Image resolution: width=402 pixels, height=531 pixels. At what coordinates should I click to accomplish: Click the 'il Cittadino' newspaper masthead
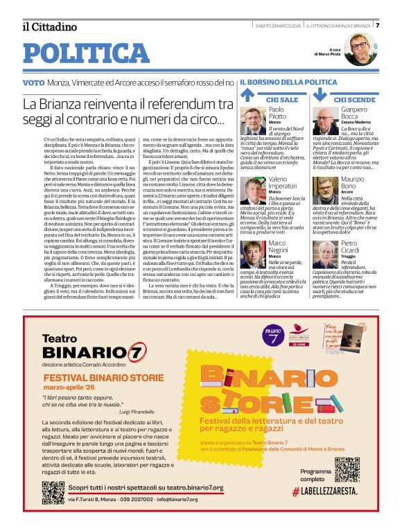[49, 27]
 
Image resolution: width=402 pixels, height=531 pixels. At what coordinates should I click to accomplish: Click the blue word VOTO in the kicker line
[33, 82]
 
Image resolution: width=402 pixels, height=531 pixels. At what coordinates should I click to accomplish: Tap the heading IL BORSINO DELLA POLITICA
[288, 82]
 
